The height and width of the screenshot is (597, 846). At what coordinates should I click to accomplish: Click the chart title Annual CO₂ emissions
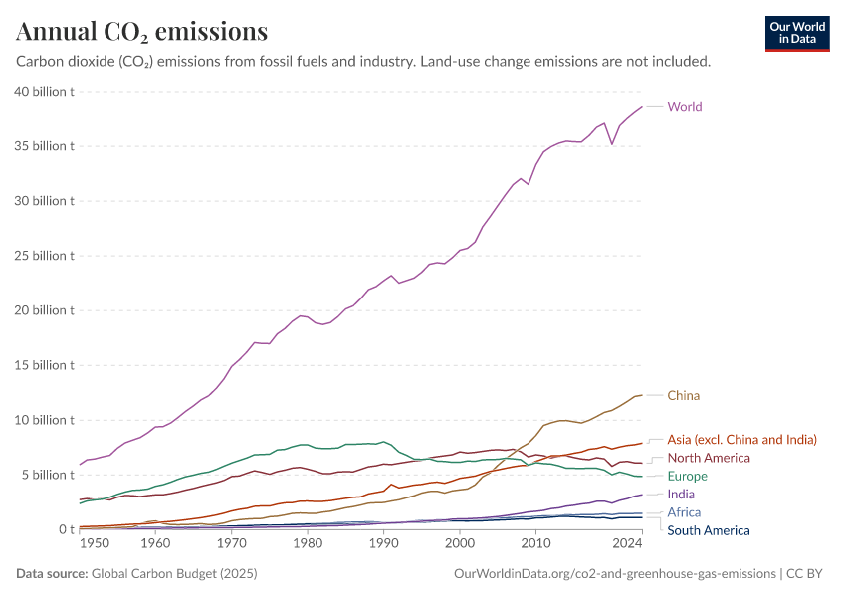point(142,32)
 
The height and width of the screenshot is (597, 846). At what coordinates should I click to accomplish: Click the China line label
point(683,395)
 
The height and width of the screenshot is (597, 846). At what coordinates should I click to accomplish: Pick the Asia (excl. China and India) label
point(741,439)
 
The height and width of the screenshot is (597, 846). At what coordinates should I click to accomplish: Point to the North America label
point(708,458)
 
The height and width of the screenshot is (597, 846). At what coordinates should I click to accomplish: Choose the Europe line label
point(687,477)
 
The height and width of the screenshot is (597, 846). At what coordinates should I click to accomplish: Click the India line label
point(681,494)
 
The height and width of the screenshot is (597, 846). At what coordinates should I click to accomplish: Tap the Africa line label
point(684,512)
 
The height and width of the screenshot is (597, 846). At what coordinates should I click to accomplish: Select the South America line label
point(708,530)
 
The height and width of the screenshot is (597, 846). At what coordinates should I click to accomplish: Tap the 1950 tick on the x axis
point(94,544)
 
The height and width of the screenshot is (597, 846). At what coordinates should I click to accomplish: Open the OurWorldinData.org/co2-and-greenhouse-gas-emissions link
point(614,574)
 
